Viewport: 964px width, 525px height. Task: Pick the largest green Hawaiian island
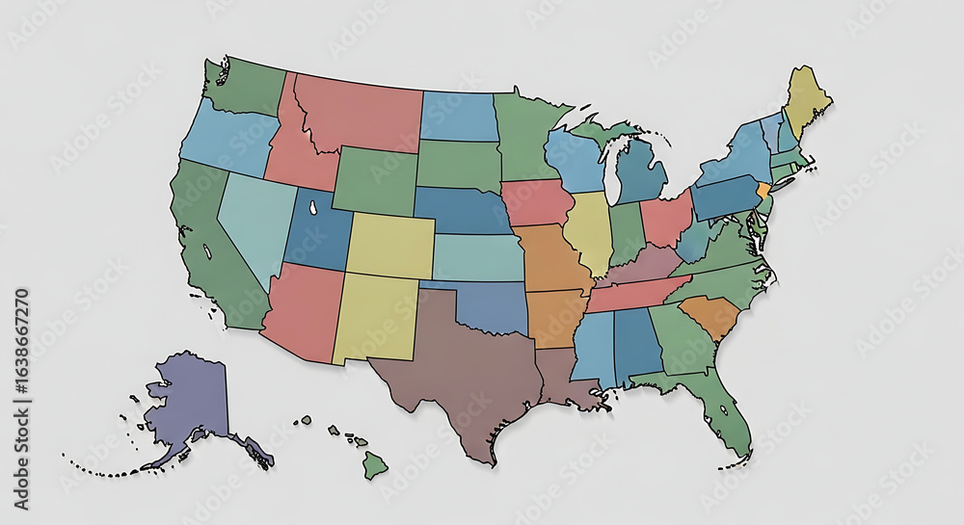click(x=374, y=466)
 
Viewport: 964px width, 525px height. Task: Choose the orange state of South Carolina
click(x=713, y=315)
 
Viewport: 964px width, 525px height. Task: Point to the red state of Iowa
click(x=535, y=201)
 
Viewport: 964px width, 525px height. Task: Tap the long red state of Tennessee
click(x=636, y=292)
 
